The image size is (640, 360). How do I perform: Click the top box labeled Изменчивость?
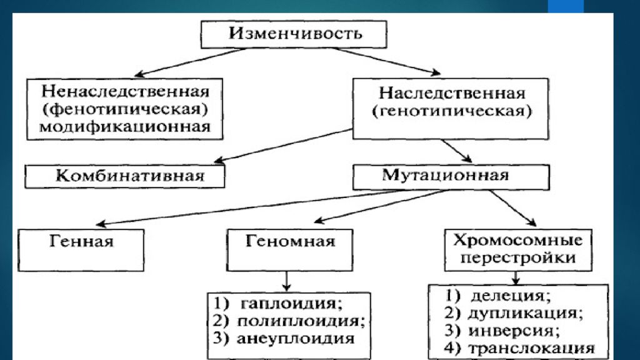point(294,34)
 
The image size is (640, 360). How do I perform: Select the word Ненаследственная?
point(125,91)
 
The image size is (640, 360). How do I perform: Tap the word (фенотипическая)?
point(125,109)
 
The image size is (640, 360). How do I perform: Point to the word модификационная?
point(125,126)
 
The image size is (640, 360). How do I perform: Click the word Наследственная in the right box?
point(452,93)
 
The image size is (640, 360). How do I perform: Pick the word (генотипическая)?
point(452,111)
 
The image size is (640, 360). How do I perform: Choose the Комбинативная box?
point(125,176)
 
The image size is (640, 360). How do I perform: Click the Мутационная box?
point(451,177)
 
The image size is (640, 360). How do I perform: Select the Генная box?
point(81,250)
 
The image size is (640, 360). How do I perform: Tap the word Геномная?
point(290,241)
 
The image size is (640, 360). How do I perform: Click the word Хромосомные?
point(518,239)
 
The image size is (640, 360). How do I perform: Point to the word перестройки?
point(518,257)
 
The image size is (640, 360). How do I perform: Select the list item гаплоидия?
point(291,303)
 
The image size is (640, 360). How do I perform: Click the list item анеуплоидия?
point(296,338)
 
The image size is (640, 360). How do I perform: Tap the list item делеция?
point(511,295)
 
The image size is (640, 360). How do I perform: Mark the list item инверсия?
point(514,331)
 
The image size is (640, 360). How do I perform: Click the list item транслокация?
point(531,348)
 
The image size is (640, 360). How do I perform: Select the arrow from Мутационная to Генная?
point(248,207)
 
